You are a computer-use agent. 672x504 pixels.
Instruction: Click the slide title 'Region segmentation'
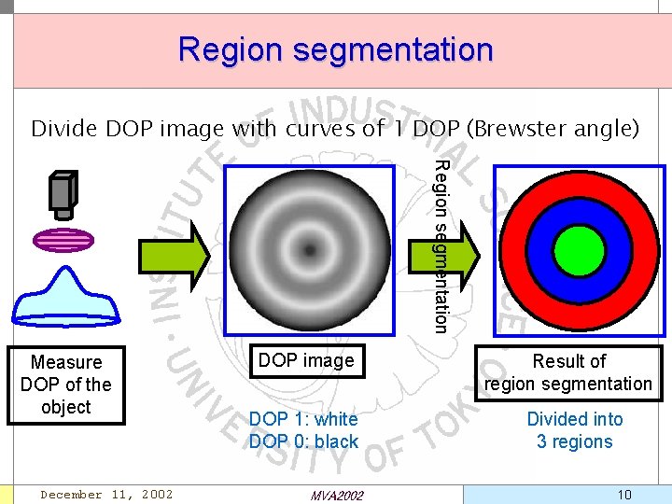[x=335, y=49]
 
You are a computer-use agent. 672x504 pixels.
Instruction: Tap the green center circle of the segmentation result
[x=580, y=250]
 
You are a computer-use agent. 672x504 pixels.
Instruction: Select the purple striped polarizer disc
[x=63, y=241]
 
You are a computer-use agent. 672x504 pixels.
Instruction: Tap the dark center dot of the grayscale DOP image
[x=308, y=249]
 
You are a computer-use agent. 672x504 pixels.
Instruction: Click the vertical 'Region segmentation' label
[x=442, y=246]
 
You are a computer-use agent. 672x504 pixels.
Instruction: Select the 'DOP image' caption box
[x=306, y=360]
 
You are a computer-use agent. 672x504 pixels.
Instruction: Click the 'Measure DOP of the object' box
[x=65, y=385]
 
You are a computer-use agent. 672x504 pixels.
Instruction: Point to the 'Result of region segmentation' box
[x=568, y=372]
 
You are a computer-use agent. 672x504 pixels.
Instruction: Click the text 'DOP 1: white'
[x=303, y=419]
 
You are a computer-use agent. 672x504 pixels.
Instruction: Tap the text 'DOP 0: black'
[x=303, y=442]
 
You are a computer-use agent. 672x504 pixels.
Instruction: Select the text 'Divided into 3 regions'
[x=574, y=430]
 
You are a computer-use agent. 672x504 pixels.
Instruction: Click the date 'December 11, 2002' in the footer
[x=106, y=494]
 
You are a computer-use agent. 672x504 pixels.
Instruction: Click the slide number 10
[x=623, y=494]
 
